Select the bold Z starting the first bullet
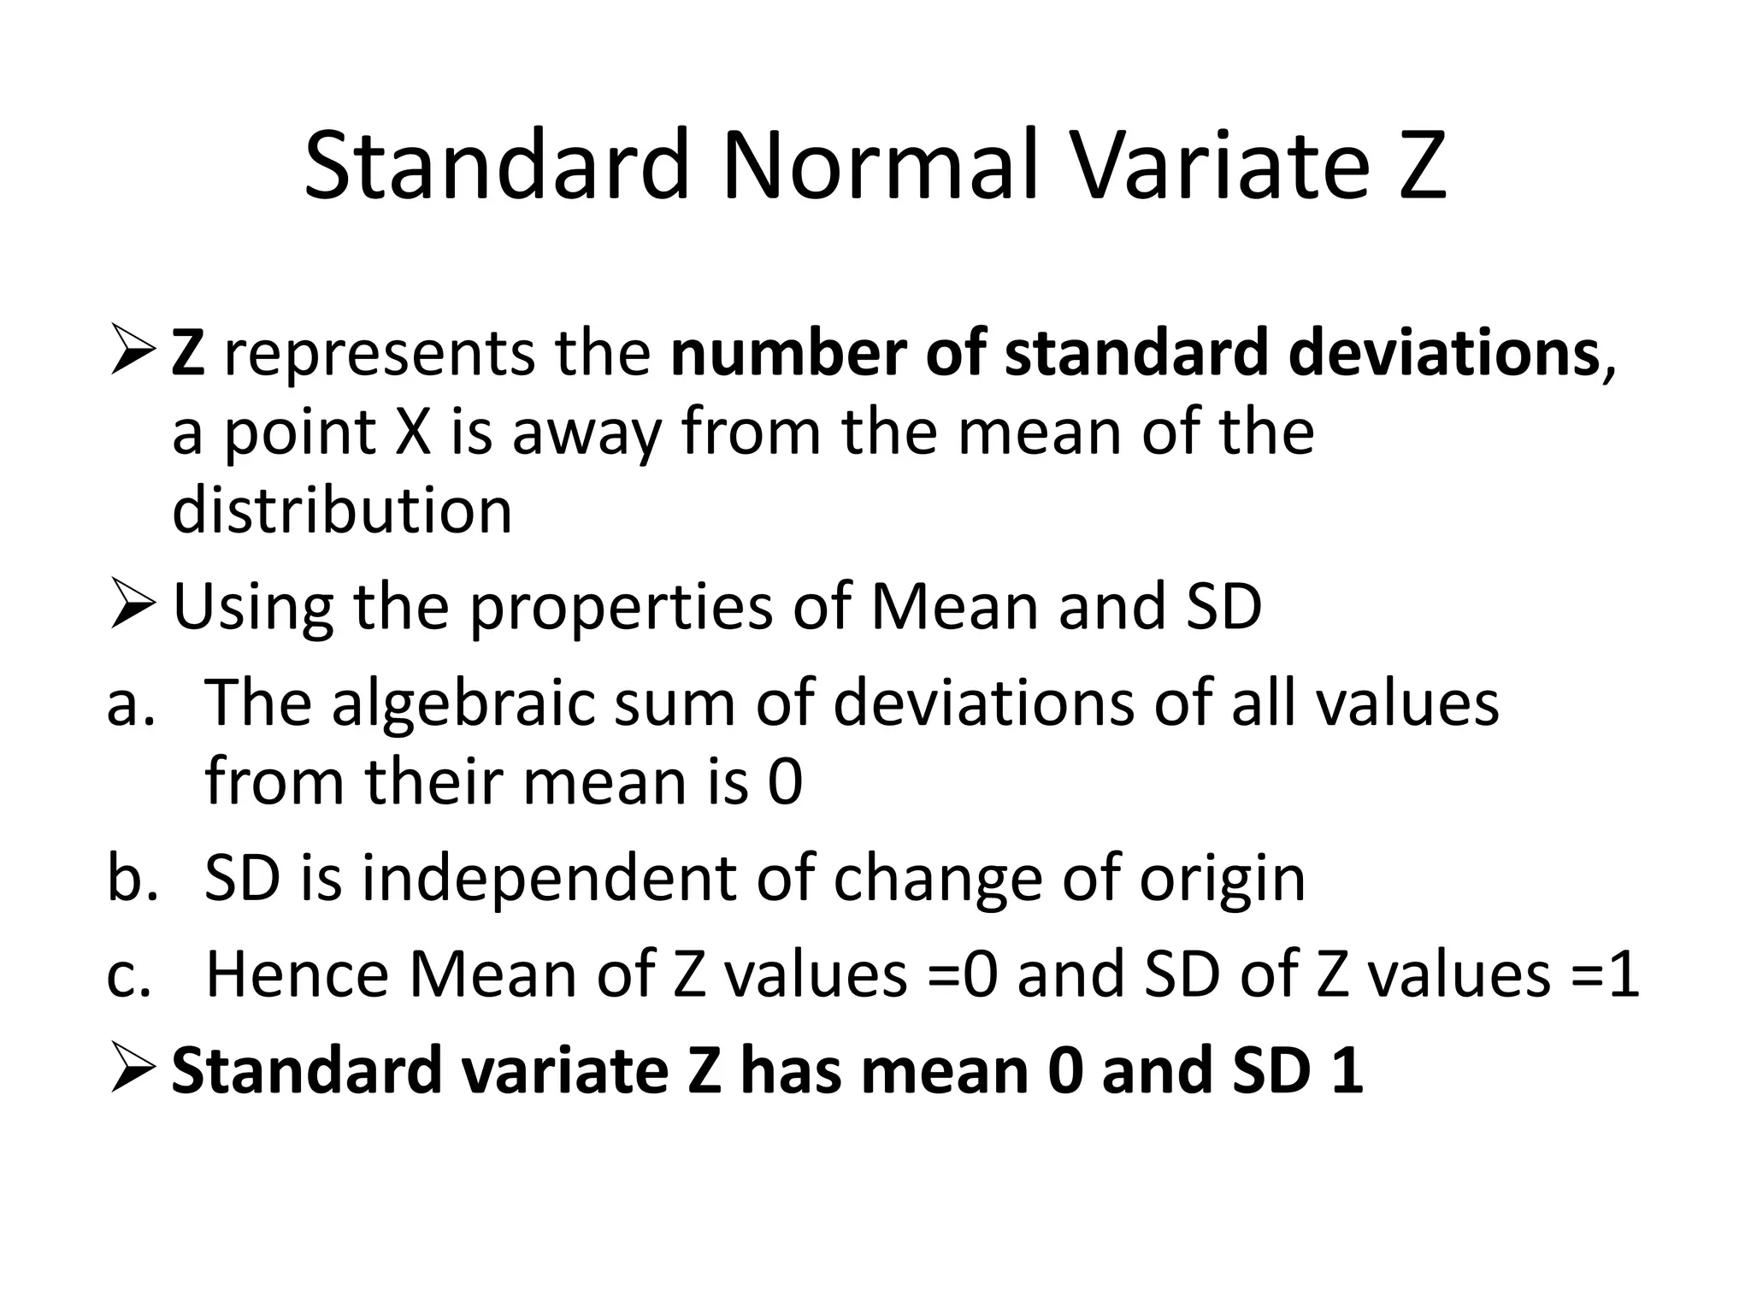pyautogui.click(x=188, y=354)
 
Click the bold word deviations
pyautogui.click(x=1444, y=354)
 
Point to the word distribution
pyautogui.click(x=342, y=510)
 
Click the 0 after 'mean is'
pyautogui.click(x=785, y=782)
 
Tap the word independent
pyautogui.click(x=548, y=879)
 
